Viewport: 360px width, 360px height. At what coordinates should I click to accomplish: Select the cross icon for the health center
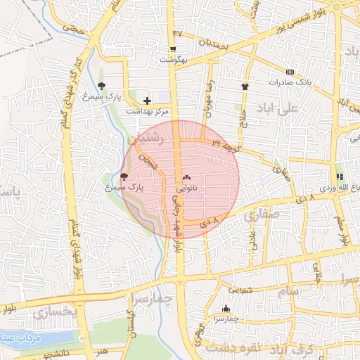tap(147, 101)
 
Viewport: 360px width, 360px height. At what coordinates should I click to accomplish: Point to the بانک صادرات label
tap(289, 82)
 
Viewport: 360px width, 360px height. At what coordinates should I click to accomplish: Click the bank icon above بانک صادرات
tap(289, 72)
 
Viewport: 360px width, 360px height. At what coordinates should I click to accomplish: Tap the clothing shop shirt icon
tap(245, 86)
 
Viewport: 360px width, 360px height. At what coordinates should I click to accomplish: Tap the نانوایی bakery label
tap(186, 188)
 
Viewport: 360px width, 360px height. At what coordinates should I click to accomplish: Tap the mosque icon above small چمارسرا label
tap(226, 308)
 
